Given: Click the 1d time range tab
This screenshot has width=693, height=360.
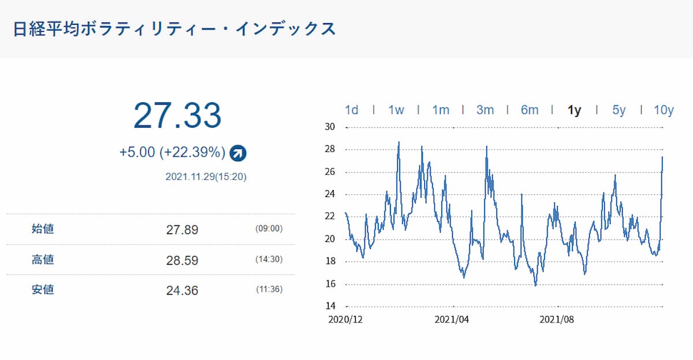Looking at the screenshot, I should tap(351, 110).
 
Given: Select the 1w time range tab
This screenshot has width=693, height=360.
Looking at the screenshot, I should tap(396, 110).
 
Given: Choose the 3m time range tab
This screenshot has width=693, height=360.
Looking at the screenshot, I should tap(485, 110).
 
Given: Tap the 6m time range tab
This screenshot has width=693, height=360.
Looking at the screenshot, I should tap(530, 110).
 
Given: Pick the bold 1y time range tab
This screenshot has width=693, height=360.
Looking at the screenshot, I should tap(574, 110).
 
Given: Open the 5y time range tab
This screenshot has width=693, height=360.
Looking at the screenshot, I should tap(619, 110).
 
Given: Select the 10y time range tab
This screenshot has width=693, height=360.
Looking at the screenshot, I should tap(664, 110).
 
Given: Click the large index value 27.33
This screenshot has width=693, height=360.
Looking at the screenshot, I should tap(177, 116).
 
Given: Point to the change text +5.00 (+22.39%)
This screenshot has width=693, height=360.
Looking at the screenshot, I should tap(172, 153).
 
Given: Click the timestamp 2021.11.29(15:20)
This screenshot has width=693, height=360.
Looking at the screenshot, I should tap(206, 177).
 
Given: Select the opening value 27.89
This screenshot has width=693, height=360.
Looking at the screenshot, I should tap(182, 230).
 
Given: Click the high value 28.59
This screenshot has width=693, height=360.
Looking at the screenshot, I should tap(182, 261).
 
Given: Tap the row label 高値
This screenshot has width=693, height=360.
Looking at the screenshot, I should tap(43, 260).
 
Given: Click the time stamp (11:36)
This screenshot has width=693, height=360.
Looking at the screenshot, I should tap(269, 290).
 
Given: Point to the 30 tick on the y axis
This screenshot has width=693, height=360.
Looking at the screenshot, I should tap(331, 127).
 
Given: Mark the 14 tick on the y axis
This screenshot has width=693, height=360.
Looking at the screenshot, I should tap(331, 306).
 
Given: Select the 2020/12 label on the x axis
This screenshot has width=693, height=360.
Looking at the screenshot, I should tap(346, 320).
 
